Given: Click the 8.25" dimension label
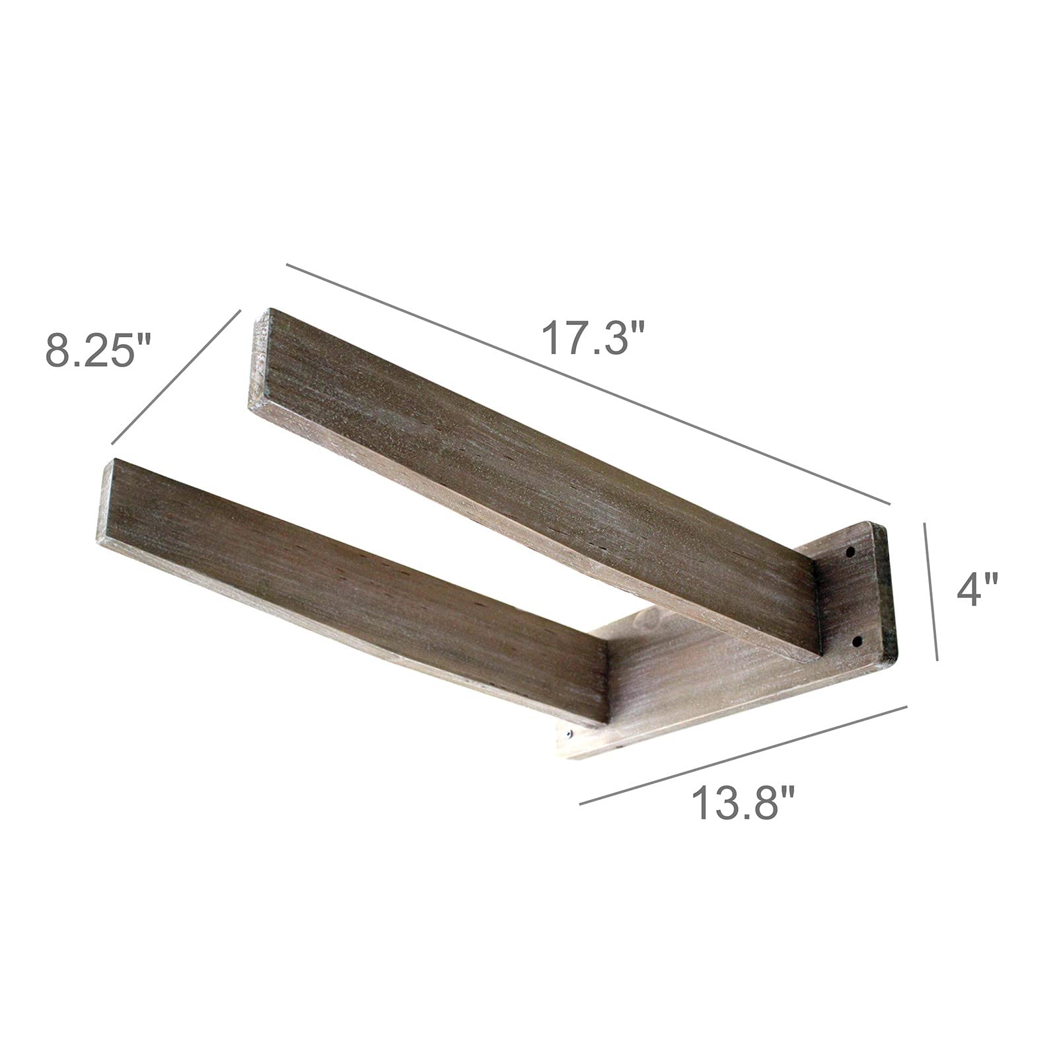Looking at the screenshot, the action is click(98, 349).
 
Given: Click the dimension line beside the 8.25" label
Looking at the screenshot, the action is click(174, 375).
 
